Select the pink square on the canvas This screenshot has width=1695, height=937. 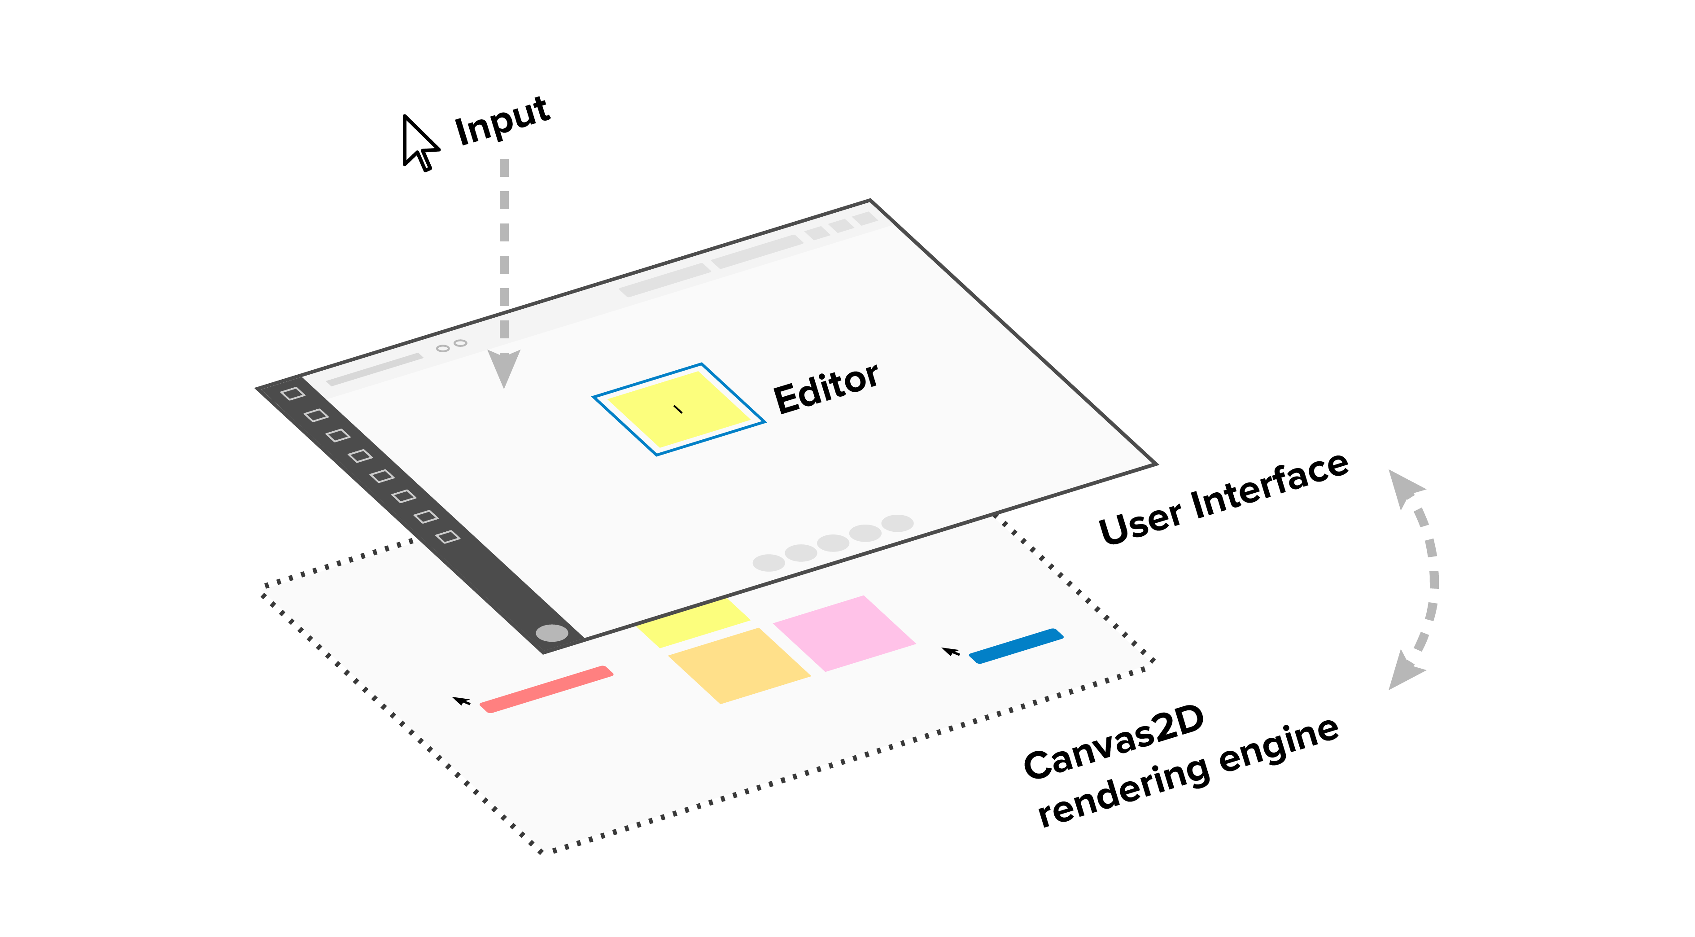tap(844, 632)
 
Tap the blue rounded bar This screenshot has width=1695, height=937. tap(1016, 645)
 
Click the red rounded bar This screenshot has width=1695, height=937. tap(546, 689)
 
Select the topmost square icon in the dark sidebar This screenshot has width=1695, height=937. tap(292, 394)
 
